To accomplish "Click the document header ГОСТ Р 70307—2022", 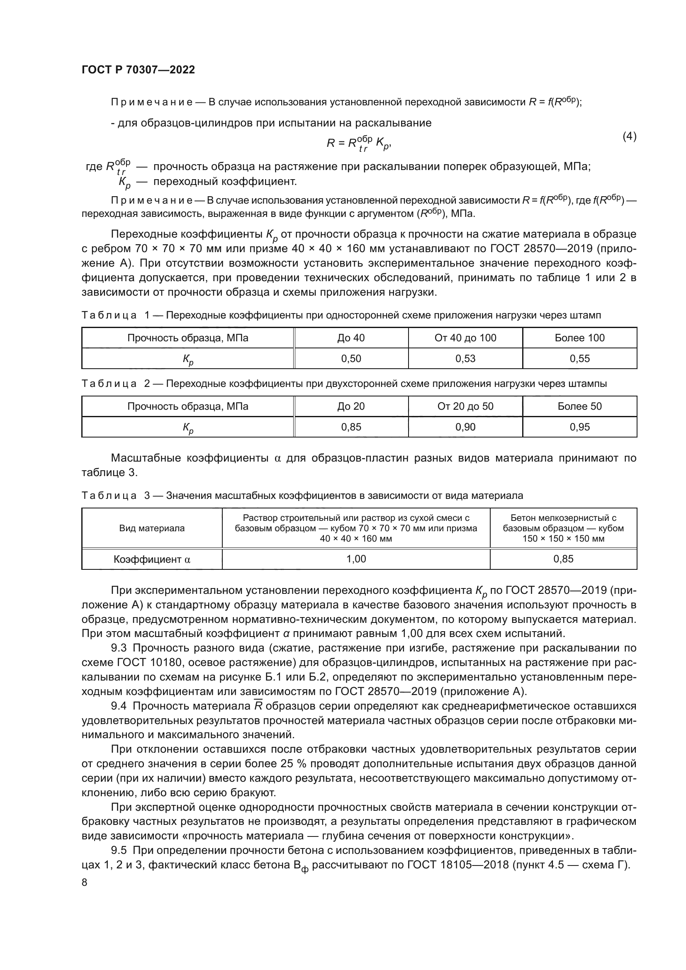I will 138,70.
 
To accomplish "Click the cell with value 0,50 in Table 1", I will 351,359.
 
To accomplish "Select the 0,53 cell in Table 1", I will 465,359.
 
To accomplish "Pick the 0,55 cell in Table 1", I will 579,359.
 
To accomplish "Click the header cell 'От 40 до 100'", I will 465,338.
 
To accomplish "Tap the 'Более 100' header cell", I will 579,338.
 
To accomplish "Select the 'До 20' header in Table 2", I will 351,406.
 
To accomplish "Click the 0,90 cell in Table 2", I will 465,427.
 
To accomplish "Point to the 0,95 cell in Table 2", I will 579,427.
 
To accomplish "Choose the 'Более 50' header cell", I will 579,406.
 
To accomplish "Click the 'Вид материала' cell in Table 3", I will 152,528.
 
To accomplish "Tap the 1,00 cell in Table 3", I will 356,559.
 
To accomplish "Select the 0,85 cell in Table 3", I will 563,559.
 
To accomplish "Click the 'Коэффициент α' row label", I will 152,559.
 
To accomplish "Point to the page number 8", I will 85,882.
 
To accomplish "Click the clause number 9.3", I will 119,648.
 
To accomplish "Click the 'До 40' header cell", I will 351,338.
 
